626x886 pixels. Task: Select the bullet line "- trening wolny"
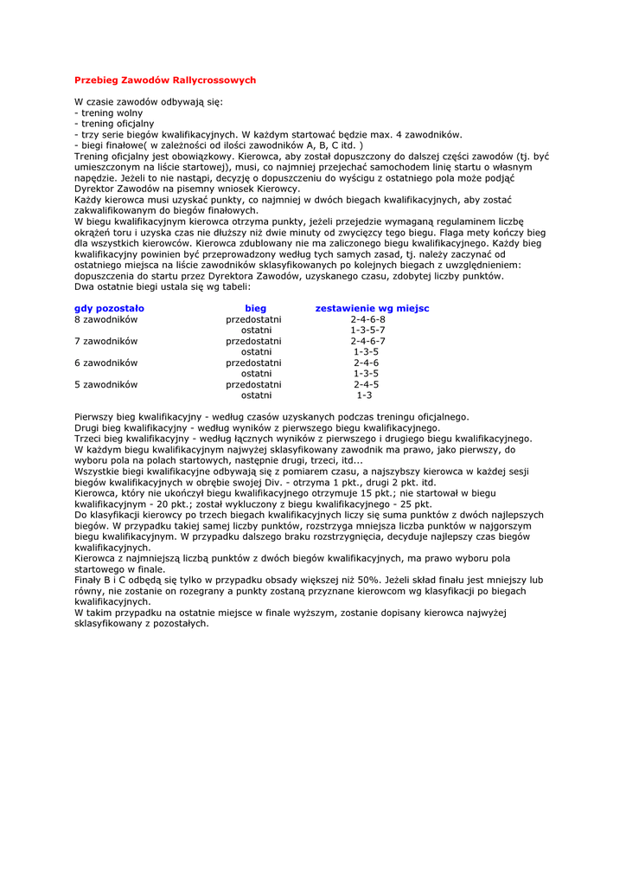click(109, 113)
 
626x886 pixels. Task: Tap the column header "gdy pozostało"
click(109, 308)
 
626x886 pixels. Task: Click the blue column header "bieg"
click(255, 308)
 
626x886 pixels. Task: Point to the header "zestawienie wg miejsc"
click(372, 308)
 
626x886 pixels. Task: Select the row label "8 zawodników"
click(106, 319)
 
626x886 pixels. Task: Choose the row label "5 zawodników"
click(106, 384)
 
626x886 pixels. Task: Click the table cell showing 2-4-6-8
click(367, 319)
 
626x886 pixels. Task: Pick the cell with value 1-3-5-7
click(367, 331)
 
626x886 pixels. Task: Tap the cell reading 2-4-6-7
click(367, 341)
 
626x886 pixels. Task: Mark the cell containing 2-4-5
click(366, 384)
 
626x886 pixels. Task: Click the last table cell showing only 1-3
click(364, 395)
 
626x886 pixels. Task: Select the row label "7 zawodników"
click(106, 341)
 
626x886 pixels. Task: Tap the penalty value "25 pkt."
click(412, 504)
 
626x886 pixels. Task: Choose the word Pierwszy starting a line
click(93, 417)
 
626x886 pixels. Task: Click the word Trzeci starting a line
click(88, 439)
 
